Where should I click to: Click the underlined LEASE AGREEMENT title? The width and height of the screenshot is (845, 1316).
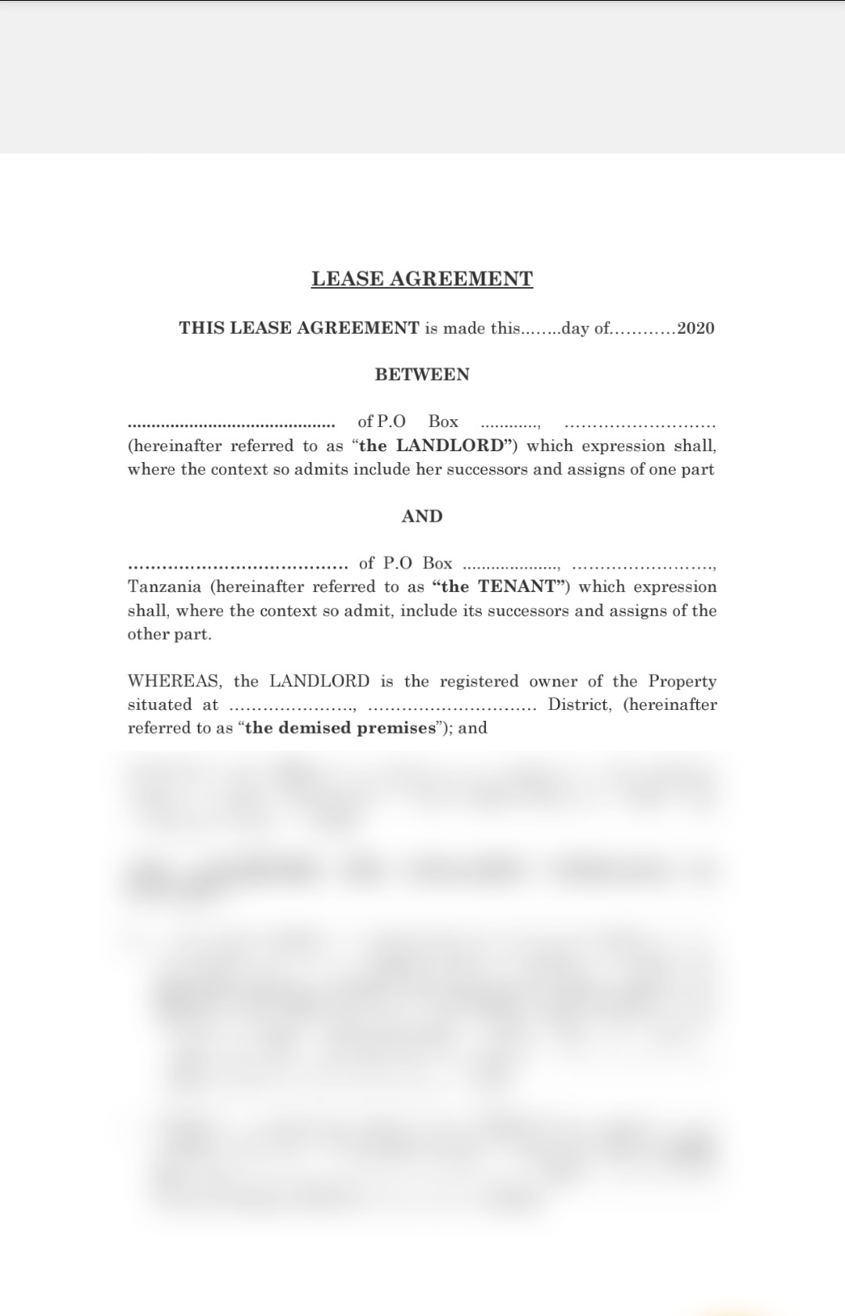(x=422, y=279)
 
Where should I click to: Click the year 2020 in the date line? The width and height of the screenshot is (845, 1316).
(x=696, y=328)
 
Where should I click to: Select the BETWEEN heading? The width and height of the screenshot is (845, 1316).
(x=422, y=375)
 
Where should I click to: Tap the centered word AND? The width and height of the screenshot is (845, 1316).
(x=422, y=516)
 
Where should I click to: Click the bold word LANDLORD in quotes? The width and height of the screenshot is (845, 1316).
(x=450, y=446)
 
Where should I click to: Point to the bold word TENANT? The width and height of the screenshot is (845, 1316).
(x=516, y=586)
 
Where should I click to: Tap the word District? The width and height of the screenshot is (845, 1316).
(x=579, y=705)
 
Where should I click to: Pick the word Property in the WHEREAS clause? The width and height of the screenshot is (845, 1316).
(x=682, y=681)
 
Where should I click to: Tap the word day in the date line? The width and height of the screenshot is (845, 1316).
(x=575, y=328)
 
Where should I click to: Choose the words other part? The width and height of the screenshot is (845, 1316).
(x=169, y=634)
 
